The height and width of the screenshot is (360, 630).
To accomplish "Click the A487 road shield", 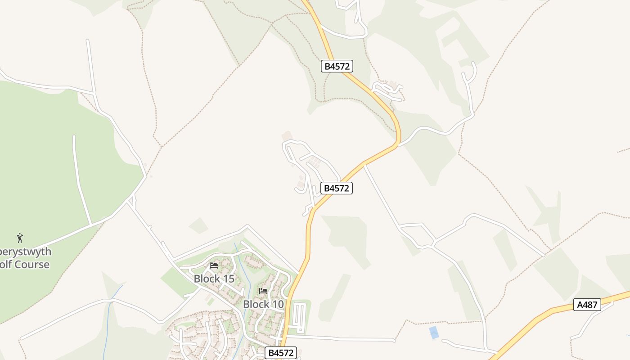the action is (x=588, y=305).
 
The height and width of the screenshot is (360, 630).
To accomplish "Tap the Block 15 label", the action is (x=214, y=279).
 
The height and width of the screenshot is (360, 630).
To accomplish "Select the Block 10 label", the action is (x=263, y=304).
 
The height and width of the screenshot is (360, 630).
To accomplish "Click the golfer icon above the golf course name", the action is (x=20, y=238).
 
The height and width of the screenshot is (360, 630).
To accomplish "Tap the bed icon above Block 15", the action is (x=214, y=266).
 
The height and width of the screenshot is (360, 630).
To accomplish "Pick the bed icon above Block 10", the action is (x=263, y=291).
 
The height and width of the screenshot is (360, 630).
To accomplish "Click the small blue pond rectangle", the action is (x=433, y=333).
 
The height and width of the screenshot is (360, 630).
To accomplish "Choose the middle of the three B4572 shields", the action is (x=337, y=188).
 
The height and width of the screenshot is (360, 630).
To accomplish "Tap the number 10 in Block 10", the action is (x=278, y=304).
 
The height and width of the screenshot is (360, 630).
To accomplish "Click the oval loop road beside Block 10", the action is (x=299, y=317).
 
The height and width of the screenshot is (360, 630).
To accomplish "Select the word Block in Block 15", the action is (x=207, y=279).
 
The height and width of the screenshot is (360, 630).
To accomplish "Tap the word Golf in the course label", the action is (x=5, y=264).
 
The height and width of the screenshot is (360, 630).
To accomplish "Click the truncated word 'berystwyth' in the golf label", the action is (x=25, y=252).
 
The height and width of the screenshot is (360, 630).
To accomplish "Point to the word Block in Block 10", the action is (x=256, y=304).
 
